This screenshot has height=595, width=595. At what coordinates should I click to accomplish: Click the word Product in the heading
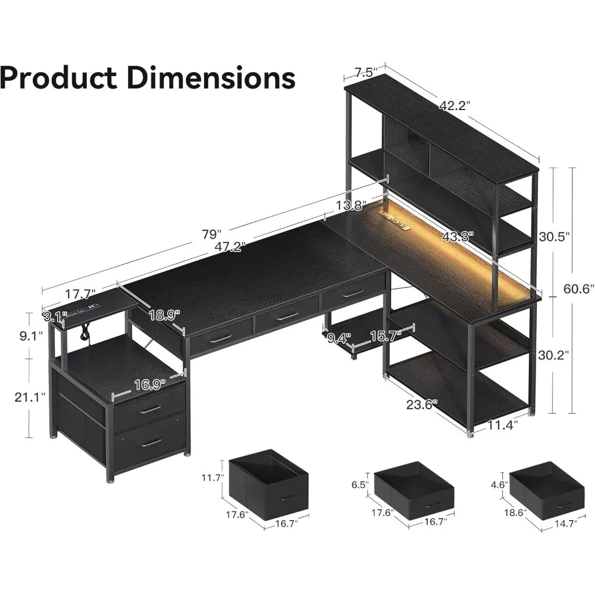(58, 78)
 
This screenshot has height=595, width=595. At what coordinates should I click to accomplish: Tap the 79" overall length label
(211, 233)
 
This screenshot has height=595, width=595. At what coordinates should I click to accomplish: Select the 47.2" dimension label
(230, 246)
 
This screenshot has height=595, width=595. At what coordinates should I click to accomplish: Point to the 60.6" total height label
(579, 289)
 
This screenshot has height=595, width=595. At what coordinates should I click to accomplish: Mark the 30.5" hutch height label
(555, 236)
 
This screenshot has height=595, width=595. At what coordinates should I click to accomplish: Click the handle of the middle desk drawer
(287, 317)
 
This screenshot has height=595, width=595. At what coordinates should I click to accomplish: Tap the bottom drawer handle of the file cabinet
(151, 442)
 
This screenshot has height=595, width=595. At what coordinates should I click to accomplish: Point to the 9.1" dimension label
(30, 336)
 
